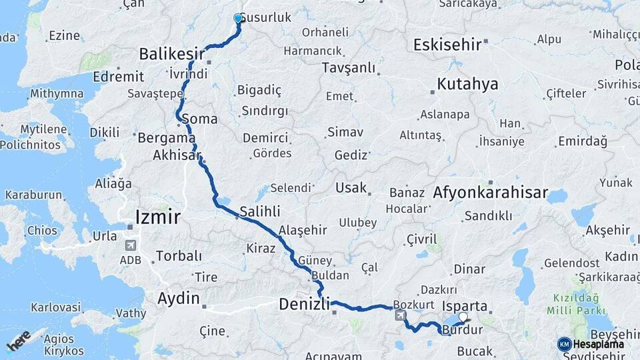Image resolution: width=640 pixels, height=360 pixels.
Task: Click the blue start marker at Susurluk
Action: (x=238, y=19)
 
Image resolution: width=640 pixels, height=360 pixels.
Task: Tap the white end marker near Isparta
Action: (x=463, y=317)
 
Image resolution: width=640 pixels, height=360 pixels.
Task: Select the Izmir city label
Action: (x=157, y=217)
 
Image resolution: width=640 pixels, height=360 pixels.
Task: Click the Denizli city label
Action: (x=304, y=305)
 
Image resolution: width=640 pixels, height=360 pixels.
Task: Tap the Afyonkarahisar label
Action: (x=490, y=193)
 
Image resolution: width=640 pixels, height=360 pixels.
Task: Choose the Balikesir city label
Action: (x=173, y=53)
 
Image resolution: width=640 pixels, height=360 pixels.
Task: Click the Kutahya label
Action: (x=467, y=85)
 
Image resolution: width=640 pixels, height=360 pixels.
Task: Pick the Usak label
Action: (x=351, y=187)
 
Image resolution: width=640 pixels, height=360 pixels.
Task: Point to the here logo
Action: (x=19, y=341)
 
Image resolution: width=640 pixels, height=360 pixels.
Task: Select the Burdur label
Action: (x=462, y=330)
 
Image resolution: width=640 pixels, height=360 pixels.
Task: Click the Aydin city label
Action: (x=178, y=299)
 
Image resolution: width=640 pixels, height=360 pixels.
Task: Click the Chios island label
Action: (x=42, y=230)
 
